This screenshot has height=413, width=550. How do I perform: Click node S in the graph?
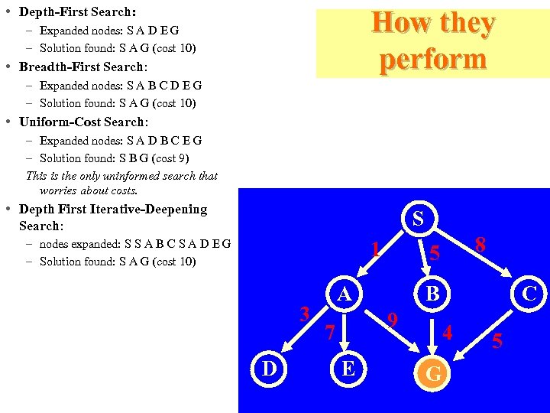coord(417,218)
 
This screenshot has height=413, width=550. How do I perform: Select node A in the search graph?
coord(345,294)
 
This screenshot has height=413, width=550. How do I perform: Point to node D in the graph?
coord(269,369)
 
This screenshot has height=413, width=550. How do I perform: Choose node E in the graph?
coord(348,369)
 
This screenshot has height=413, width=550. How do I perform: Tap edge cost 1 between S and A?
coord(375,250)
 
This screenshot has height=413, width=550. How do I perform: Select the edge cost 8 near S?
coord(480,246)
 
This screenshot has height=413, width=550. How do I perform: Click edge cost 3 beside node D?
coord(304,314)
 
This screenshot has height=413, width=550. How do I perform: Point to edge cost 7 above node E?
coord(329,333)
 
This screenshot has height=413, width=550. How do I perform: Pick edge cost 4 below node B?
coord(448,333)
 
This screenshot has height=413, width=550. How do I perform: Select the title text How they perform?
coord(432,41)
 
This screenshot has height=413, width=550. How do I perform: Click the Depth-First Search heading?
coord(77,12)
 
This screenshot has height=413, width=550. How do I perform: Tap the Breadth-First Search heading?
coord(82,67)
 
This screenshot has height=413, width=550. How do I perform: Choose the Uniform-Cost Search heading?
coord(82,122)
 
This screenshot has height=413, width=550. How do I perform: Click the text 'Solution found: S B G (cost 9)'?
coord(114,158)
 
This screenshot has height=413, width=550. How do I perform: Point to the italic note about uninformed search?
coord(122,183)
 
